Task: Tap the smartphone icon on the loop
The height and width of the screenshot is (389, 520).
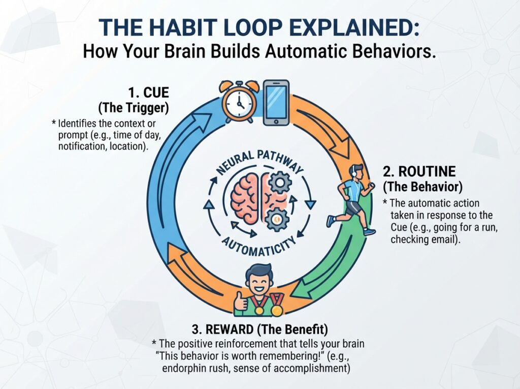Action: pos(276,103)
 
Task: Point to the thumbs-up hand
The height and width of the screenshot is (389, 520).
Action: pos(241,302)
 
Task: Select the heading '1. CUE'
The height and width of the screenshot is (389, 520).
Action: pos(149,93)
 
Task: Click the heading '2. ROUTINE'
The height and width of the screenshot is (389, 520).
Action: pos(419,171)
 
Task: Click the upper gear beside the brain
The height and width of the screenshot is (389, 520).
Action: pos(280,183)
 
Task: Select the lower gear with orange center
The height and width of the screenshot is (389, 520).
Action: pos(277,219)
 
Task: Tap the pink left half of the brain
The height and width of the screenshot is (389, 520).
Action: pos(245,200)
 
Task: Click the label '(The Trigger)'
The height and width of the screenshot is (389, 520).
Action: pos(134,108)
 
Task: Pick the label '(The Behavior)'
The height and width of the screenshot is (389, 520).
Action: pos(422,187)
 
